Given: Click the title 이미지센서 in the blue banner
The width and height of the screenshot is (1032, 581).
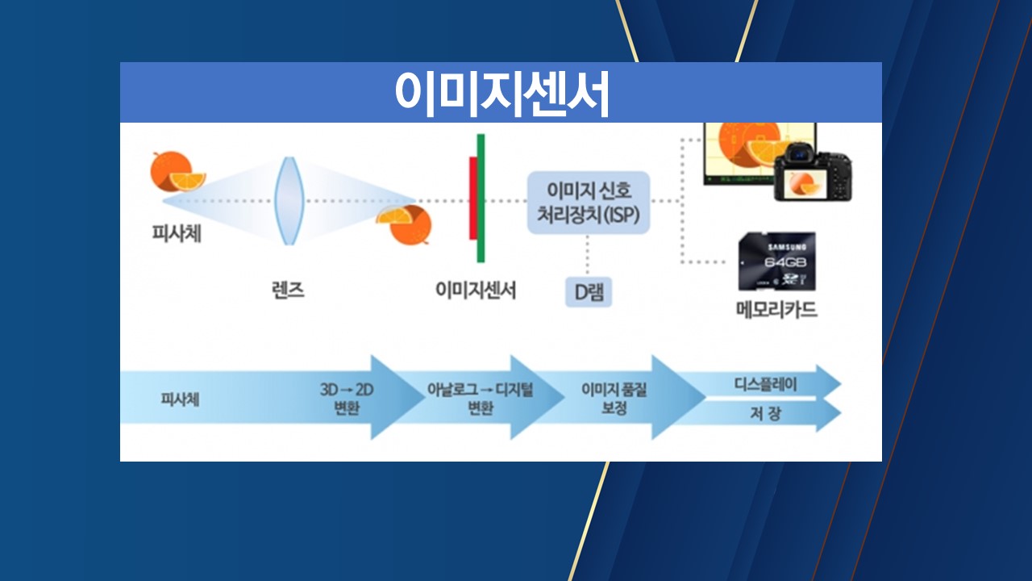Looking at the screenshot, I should [x=501, y=94].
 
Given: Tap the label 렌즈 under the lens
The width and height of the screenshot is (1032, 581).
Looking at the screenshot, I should [x=288, y=290].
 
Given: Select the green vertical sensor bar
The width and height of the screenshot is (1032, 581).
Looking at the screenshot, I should [x=481, y=198].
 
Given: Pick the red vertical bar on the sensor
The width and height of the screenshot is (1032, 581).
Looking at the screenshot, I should [x=473, y=198].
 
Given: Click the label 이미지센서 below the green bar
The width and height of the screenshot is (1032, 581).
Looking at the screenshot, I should [x=476, y=290].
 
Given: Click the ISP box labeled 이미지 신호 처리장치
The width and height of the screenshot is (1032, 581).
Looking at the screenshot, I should [x=589, y=203].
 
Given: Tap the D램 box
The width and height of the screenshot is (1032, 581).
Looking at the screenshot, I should [x=588, y=293].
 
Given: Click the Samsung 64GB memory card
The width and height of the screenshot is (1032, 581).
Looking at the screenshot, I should [x=776, y=261].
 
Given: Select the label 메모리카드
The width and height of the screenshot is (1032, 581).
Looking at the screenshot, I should [x=776, y=309].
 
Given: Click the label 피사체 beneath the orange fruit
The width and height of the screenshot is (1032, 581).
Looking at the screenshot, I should [x=177, y=234].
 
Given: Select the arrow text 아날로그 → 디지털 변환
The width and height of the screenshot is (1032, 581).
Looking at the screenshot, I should [x=481, y=398].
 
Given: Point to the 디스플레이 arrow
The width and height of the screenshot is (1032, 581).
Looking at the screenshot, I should [x=766, y=384].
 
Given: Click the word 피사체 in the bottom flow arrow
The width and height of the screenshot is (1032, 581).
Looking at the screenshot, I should [x=181, y=398].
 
